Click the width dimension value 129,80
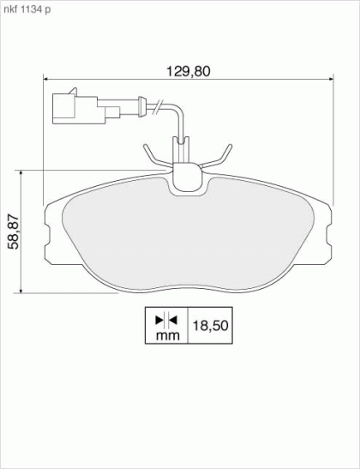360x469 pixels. coord(189,71)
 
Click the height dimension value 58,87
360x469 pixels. coord(14,231)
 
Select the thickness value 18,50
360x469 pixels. coord(211,325)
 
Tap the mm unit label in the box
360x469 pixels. coord(168,335)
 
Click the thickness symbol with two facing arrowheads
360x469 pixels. coord(166,321)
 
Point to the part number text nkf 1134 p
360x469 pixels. coord(27,9)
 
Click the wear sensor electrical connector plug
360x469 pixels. coord(86,108)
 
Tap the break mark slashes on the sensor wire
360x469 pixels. coord(157,107)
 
